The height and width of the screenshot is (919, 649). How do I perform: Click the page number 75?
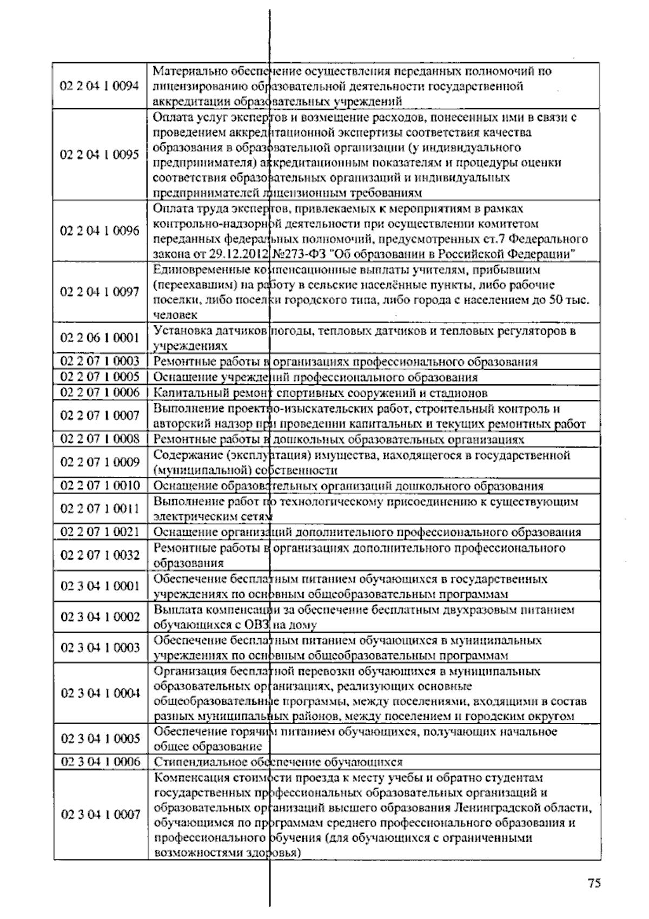point(594,883)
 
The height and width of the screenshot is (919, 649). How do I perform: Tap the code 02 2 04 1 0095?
point(100,155)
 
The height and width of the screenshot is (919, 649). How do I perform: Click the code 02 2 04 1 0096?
point(100,231)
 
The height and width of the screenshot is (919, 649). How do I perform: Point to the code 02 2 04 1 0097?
point(100,292)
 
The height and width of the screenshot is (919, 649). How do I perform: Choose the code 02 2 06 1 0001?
point(100,338)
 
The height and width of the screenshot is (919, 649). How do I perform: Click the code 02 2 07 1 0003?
point(100,362)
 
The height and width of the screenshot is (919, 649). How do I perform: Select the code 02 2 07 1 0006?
point(100,392)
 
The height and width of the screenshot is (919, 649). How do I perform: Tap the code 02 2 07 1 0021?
point(100,531)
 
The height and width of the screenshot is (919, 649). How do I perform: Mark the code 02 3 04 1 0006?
point(100,762)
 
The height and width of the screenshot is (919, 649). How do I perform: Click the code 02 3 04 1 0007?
point(100,815)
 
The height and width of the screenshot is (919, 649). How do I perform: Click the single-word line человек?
point(175,314)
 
